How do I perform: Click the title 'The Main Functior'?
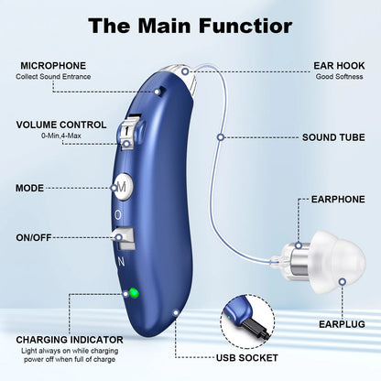[190, 25]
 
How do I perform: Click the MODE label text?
[30, 188]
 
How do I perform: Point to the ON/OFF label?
[35, 237]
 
